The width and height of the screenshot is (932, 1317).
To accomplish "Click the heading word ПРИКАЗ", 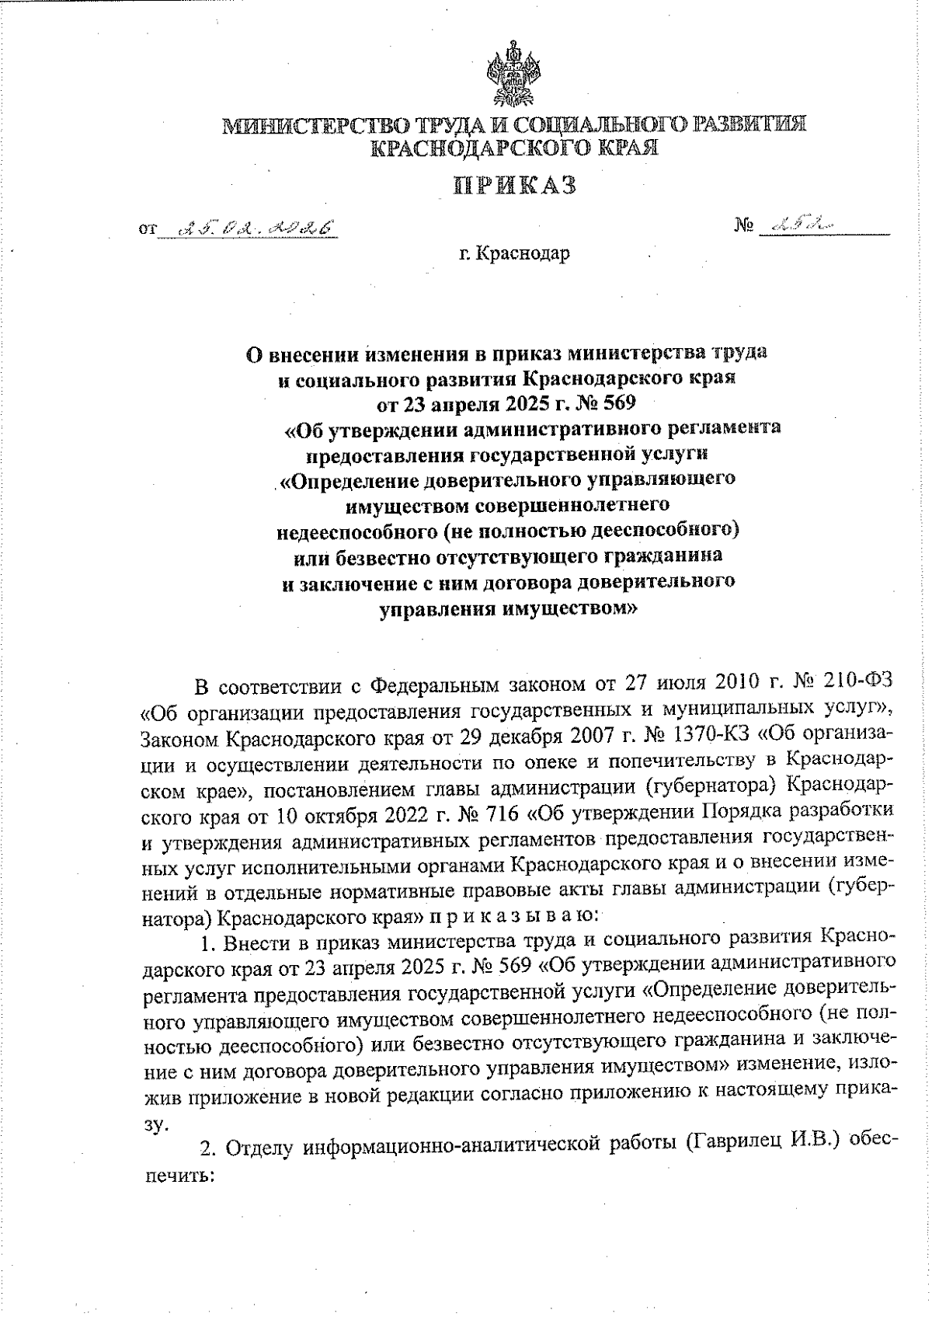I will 515,186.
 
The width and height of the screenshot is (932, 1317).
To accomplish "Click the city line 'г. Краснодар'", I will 514,254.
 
